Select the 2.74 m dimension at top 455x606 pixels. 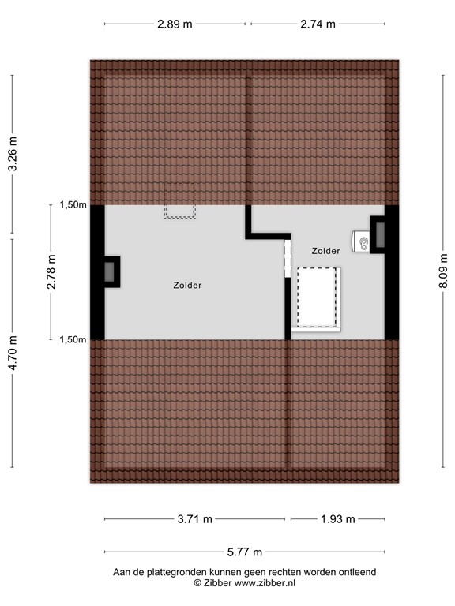pos(318,24)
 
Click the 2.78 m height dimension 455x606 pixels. pos(51,272)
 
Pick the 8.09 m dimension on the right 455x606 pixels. pos(443,271)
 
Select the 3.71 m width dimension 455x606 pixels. pos(195,519)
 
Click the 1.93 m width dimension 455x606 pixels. pos(338,519)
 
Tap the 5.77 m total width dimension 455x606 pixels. pos(245,552)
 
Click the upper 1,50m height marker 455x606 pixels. pos(73,205)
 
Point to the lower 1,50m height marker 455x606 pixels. pos(73,339)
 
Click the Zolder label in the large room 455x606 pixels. pos(187,286)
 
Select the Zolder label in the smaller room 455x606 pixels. pos(325,251)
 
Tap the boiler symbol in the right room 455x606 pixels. pos(363,242)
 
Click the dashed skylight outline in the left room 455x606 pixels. pos(180,200)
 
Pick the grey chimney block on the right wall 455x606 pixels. pos(379,234)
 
